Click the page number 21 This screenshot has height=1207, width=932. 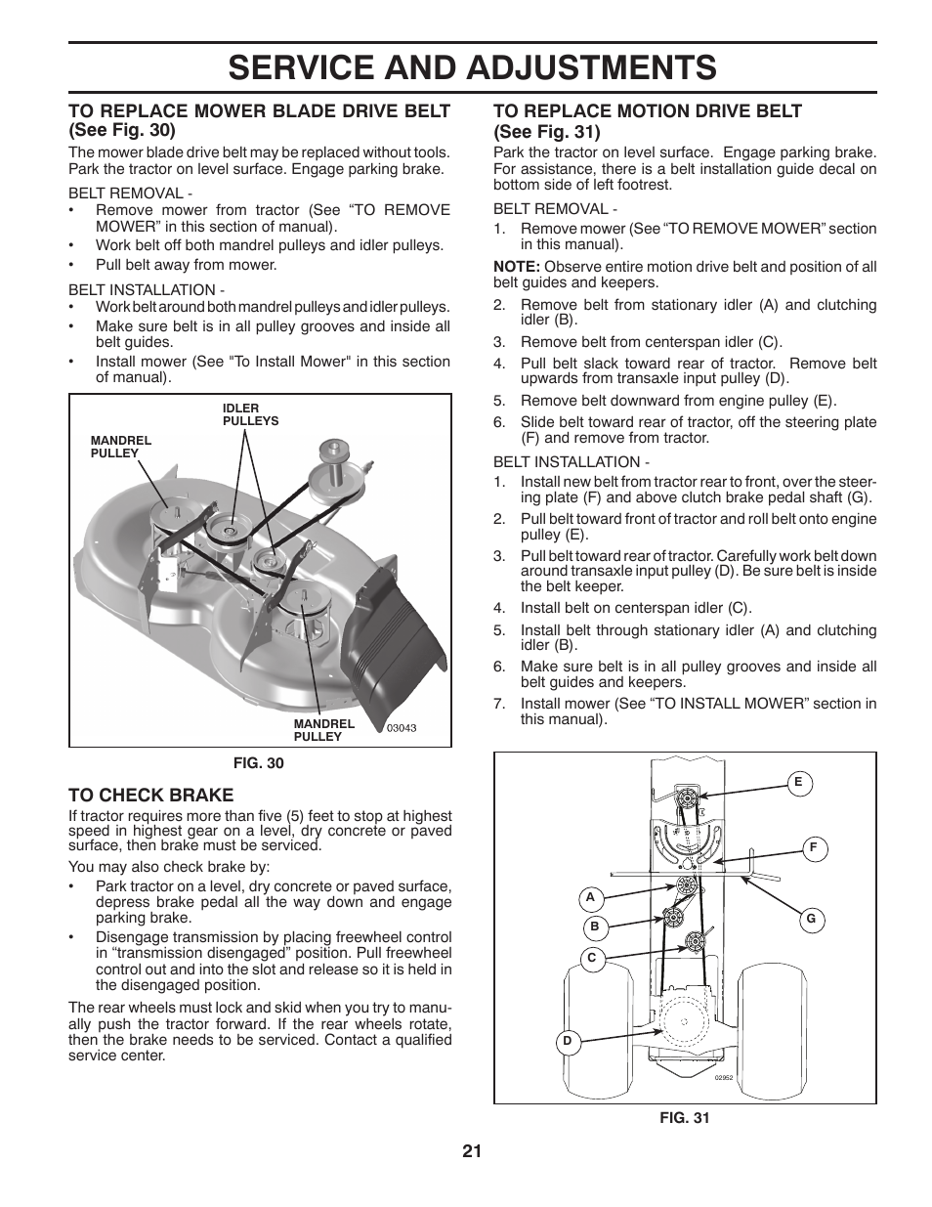(472, 1150)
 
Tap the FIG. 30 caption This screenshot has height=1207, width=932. (259, 763)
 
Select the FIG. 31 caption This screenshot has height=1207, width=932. (685, 1118)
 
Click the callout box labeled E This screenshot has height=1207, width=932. (798, 782)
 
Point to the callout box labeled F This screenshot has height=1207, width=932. (812, 848)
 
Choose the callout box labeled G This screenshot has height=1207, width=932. (810, 920)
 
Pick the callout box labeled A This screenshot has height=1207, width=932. (590, 897)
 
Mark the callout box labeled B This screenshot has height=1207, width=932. (594, 927)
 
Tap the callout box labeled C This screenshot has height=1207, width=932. (591, 959)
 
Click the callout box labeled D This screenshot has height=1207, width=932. (568, 1042)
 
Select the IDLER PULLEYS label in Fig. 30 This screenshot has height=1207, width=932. (250, 414)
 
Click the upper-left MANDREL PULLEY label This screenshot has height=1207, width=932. (121, 447)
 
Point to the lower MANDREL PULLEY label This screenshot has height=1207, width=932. (323, 730)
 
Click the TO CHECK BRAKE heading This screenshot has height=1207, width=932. (151, 795)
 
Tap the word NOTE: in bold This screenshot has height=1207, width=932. (516, 267)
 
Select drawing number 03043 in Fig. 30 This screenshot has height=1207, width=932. (402, 728)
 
